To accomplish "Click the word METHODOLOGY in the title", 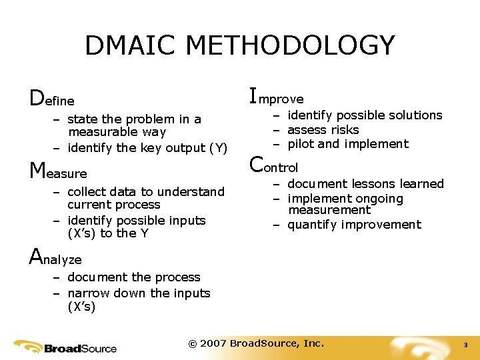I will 290,45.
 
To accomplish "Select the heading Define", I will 52,99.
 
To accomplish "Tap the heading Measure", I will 59,171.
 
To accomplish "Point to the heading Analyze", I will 55,258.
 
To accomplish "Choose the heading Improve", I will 276,97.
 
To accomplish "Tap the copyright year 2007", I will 213,343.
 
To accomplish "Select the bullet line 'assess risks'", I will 323,130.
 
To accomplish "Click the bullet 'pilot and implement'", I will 348,144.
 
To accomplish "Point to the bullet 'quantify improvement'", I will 354,225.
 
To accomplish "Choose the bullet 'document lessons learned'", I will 365,184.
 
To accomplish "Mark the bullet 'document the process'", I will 133,277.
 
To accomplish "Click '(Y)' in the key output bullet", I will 217,148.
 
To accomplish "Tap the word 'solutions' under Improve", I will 415,115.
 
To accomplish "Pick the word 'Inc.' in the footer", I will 313,343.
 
